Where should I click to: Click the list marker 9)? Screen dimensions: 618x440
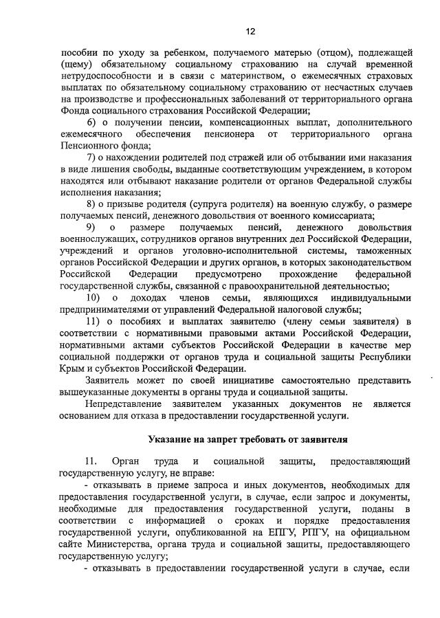click(x=91, y=228)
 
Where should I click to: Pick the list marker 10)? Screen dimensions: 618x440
click(x=96, y=298)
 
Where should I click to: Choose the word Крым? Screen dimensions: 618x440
click(x=74, y=368)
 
